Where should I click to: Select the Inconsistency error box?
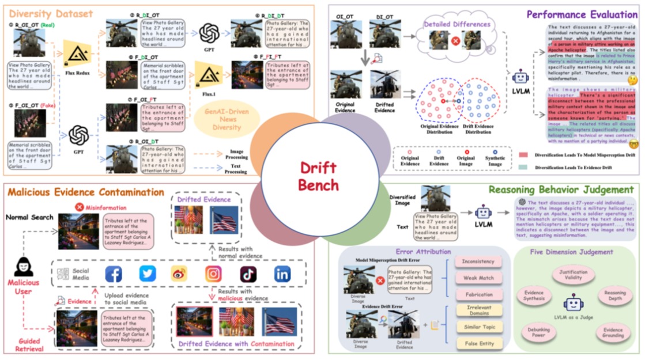478,262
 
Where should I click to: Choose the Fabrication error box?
478,294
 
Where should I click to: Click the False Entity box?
478,343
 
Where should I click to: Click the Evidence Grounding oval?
612,333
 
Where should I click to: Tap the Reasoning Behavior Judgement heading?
560,190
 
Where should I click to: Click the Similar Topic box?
478,327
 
